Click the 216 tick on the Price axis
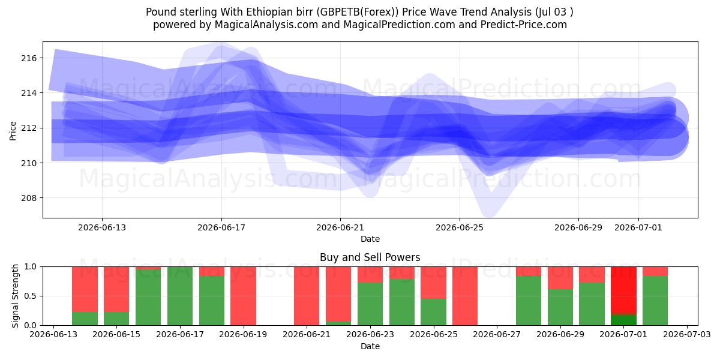coord(29,58)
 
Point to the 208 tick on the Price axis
coord(29,198)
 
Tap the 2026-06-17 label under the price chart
coord(221,227)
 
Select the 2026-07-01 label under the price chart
coord(638,227)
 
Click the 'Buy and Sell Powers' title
coord(370,257)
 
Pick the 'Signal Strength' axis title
coord(15,296)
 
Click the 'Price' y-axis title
coord(13,131)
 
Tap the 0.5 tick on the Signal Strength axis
coord(31,296)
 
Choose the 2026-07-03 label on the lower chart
coord(687,334)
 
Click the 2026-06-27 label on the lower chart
coord(497,334)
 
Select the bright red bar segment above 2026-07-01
coord(623,290)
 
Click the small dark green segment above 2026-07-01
coord(623,320)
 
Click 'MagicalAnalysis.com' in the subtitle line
coord(266,25)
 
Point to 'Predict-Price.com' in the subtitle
coord(524,25)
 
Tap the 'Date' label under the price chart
coord(370,239)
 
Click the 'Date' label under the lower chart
coord(370,346)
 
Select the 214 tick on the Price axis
coord(29,93)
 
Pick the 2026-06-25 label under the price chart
coord(460,227)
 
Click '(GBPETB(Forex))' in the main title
coord(358,12)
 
